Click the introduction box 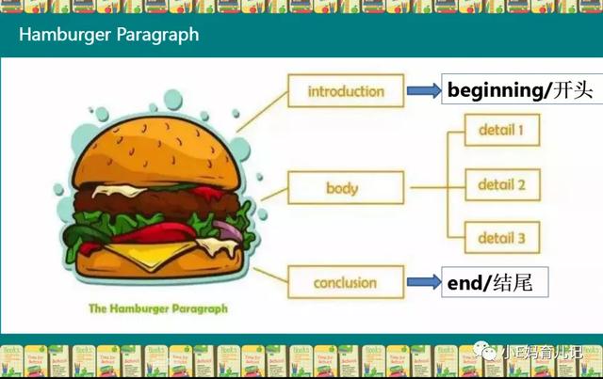[346, 90]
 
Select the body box [346, 188]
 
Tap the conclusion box [346, 282]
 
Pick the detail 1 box [502, 130]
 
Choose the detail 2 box [502, 184]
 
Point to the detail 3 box [502, 238]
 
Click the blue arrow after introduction [424, 90]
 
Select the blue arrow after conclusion [424, 282]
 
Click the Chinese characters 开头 [573, 90]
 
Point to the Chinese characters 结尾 [513, 283]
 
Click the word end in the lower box [464, 283]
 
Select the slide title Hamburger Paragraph [109, 35]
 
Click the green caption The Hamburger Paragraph [158, 308]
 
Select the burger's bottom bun [159, 263]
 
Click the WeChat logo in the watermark [484, 350]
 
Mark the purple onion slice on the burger [228, 230]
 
